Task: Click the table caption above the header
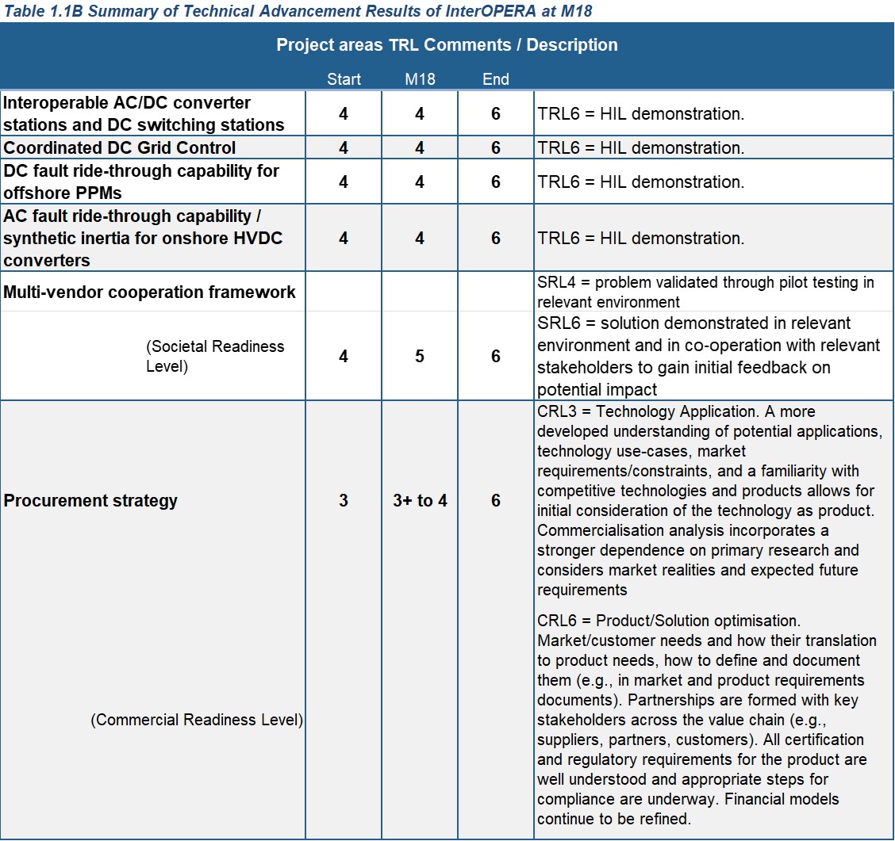tap(297, 10)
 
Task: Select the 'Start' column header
tap(344, 79)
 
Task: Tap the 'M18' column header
tap(420, 79)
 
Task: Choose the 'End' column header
tap(496, 79)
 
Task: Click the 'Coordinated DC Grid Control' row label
tap(120, 147)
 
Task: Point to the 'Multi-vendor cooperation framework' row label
tap(150, 292)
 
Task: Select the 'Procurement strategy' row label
tap(91, 500)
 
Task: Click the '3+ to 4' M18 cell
tap(420, 500)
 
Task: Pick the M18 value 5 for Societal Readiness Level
tap(420, 357)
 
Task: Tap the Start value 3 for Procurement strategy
tap(344, 500)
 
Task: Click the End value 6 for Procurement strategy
tap(496, 500)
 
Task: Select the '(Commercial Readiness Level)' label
tap(197, 720)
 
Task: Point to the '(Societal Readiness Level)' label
tap(215, 357)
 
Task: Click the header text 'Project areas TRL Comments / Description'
tap(447, 45)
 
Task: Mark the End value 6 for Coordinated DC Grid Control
tap(496, 147)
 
